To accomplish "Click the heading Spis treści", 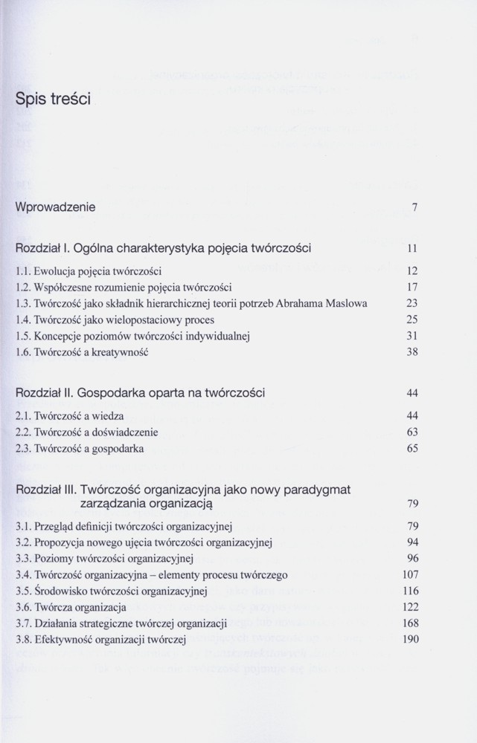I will (x=52, y=99).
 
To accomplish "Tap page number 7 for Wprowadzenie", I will (x=414, y=208).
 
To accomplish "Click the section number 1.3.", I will (x=22, y=303).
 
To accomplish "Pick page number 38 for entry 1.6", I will (x=412, y=352).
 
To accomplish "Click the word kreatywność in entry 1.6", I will (x=118, y=352).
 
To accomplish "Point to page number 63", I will (x=412, y=432).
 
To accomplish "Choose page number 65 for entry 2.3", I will (x=412, y=449).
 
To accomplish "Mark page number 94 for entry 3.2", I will (x=412, y=542).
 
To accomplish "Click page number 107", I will (x=410, y=575).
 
